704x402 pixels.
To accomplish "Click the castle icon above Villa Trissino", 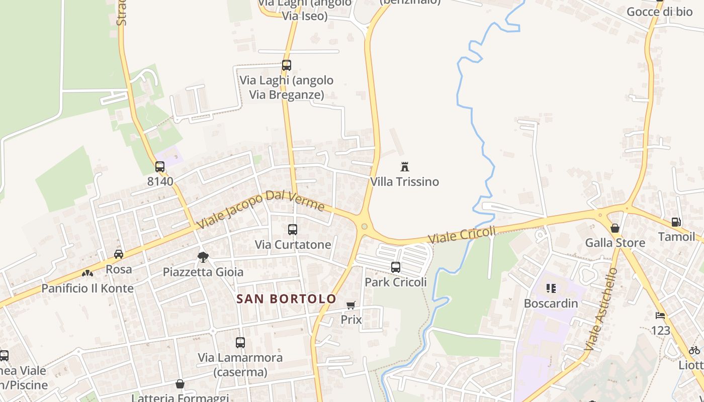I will [x=404, y=167].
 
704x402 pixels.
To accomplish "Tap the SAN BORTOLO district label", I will [x=286, y=299].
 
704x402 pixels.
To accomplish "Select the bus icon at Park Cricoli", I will [x=396, y=267].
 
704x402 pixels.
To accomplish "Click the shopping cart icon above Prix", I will [x=351, y=306].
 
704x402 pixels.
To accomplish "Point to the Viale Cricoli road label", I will [x=462, y=235].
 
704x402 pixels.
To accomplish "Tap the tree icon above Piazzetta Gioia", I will [x=203, y=257].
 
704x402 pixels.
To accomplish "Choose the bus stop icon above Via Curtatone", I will [x=293, y=230].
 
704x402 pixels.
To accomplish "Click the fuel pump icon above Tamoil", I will [x=676, y=222].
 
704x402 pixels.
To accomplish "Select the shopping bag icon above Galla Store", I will [x=615, y=228].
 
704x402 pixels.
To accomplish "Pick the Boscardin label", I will [x=551, y=304].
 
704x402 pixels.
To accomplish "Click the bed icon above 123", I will [x=660, y=316].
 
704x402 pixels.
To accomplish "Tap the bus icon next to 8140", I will [x=160, y=167].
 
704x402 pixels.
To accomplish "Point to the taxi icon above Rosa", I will [x=119, y=254].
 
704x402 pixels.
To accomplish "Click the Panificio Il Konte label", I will [x=87, y=288].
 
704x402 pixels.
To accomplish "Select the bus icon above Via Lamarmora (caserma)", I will [x=240, y=343].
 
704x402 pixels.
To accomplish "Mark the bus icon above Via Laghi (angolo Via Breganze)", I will [x=287, y=65].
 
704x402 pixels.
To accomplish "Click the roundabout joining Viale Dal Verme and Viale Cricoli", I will [x=364, y=227].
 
